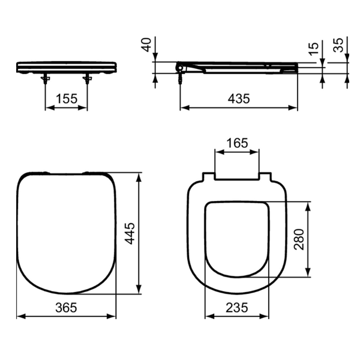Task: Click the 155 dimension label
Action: (67, 99)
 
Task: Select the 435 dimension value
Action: (239, 99)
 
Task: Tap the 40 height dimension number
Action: (147, 45)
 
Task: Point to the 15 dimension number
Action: (314, 49)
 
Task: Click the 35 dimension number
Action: (338, 45)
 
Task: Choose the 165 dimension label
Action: (237, 143)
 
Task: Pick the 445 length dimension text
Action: (130, 233)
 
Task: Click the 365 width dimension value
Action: (66, 307)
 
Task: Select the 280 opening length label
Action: (299, 239)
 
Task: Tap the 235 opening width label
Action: (237, 307)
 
